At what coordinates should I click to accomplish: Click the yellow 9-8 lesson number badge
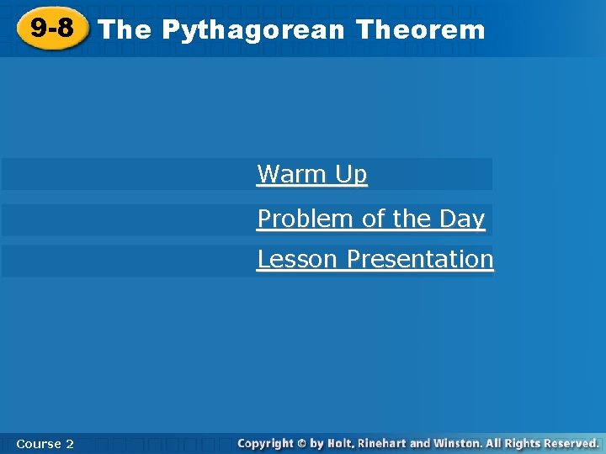(51, 29)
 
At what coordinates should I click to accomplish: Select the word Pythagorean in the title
(252, 30)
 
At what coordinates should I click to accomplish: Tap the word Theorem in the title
(421, 30)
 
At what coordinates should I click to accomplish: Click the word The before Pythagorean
(125, 30)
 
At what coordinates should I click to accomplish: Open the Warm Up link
(312, 174)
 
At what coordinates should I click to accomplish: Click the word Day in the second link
(462, 219)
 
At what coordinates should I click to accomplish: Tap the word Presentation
(420, 259)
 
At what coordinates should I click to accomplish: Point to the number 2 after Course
(69, 443)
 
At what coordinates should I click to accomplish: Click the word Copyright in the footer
(265, 442)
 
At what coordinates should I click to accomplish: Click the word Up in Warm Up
(351, 174)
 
